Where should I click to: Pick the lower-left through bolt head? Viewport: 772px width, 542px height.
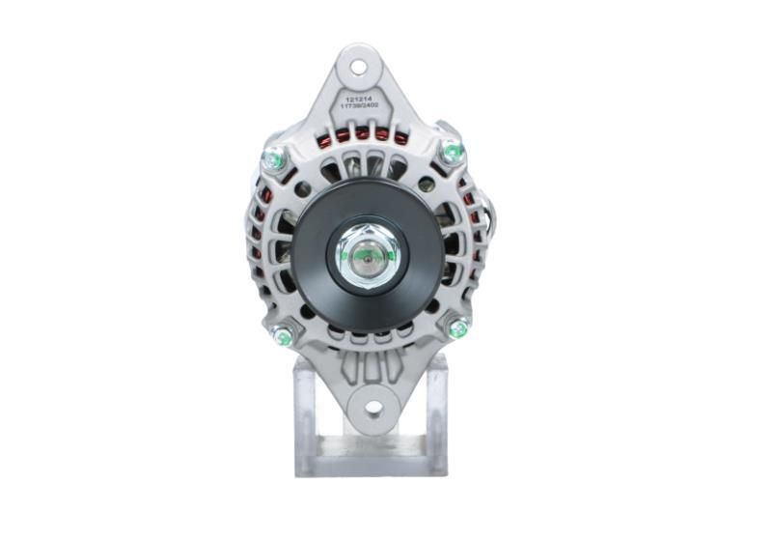[282, 335]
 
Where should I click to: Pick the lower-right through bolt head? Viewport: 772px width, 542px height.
[458, 328]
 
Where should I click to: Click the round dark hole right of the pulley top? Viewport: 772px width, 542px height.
[426, 184]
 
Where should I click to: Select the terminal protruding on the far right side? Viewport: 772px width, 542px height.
[495, 217]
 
